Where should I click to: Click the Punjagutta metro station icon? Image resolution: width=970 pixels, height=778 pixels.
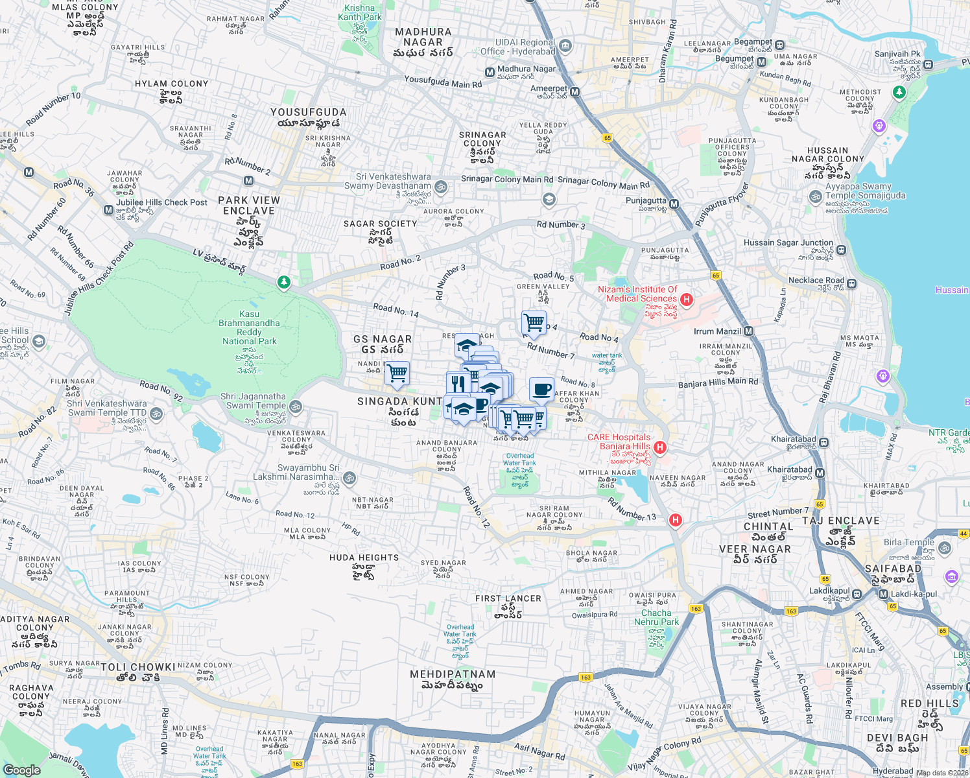(674, 204)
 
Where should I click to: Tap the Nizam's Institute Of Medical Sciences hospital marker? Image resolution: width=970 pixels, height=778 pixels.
(687, 300)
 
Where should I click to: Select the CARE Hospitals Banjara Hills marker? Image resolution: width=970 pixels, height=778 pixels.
(660, 447)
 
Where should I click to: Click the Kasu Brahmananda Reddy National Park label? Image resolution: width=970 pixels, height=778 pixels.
(250, 327)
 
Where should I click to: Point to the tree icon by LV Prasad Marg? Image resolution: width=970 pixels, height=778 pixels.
(283, 282)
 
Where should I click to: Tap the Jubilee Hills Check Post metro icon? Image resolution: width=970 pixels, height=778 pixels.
(108, 209)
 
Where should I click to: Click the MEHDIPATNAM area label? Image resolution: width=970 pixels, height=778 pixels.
(453, 674)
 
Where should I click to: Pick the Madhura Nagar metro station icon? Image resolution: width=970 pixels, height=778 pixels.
(490, 72)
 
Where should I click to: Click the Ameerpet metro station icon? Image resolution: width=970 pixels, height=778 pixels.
(574, 92)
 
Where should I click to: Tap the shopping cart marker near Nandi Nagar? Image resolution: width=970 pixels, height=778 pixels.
(397, 373)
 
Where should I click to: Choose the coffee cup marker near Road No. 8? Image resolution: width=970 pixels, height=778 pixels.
(541, 390)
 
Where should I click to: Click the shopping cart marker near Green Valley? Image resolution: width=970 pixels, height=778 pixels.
(534, 322)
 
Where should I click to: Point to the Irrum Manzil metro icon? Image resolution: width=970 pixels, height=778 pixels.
(749, 331)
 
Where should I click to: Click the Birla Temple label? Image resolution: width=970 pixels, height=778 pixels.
(909, 542)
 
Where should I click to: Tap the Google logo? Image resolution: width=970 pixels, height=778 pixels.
(21, 770)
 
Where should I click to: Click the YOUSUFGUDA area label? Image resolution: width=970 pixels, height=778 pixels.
(309, 112)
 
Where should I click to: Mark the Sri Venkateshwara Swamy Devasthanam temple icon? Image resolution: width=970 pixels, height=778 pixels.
(441, 187)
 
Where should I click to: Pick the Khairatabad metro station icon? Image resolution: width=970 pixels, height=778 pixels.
(820, 473)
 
